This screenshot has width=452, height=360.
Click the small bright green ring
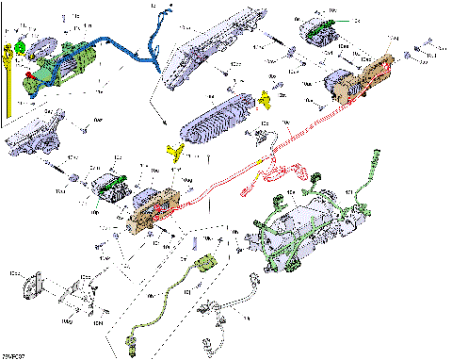(20, 48)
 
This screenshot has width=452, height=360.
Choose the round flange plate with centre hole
(37, 282)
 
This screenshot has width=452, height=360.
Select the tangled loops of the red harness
(282, 175)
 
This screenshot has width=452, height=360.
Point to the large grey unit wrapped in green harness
(301, 226)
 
